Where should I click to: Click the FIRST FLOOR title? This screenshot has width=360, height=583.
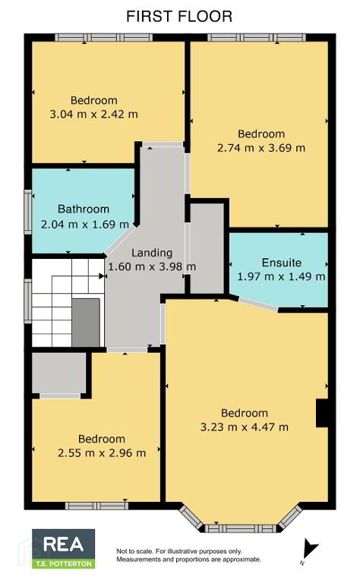[x=179, y=17]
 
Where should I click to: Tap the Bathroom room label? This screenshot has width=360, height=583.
[x=84, y=209]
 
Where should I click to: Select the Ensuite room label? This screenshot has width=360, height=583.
[x=282, y=263]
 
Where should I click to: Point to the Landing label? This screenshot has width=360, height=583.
[x=152, y=253]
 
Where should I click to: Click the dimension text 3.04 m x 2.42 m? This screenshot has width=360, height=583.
[x=93, y=114]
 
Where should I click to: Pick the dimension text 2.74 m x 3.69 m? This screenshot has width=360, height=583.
[x=261, y=147]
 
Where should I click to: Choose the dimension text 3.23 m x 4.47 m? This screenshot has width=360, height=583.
[x=245, y=427]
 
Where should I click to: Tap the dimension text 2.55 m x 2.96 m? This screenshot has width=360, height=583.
[x=102, y=452]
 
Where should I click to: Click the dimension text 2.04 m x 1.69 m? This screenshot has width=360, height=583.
[x=85, y=224]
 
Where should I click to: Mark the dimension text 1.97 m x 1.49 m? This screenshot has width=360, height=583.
[x=281, y=276]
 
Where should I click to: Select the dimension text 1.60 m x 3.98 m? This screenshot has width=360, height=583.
[x=152, y=266]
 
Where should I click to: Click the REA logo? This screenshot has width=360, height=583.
[x=63, y=549]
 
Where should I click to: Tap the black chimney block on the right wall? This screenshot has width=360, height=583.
[x=322, y=413]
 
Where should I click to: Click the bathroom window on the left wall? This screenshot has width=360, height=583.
[x=28, y=212]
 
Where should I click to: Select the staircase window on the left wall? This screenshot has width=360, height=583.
[x=28, y=301]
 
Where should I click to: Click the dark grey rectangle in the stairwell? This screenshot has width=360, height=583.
[x=86, y=323]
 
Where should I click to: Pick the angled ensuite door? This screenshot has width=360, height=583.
[x=258, y=304]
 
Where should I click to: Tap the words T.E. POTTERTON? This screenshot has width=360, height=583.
[x=64, y=564]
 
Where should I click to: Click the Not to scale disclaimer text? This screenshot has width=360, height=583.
[x=189, y=555]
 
